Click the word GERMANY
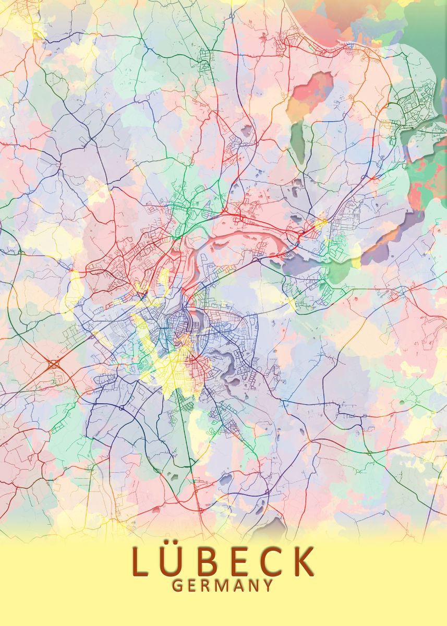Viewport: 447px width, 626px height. click(223, 585)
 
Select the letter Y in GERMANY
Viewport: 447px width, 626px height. click(268, 585)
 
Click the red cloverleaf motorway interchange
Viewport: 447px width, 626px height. click(54, 364)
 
